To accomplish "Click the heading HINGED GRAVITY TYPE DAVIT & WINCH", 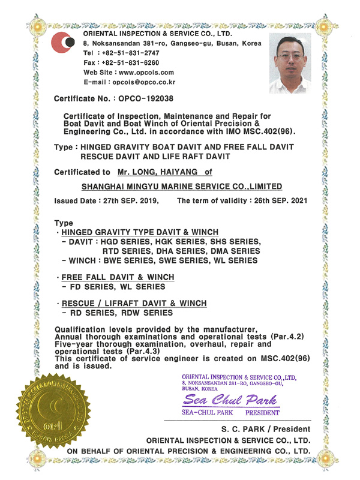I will coord(140,232).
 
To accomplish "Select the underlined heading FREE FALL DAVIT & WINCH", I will coord(118,277).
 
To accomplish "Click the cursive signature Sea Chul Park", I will coord(232,400).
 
